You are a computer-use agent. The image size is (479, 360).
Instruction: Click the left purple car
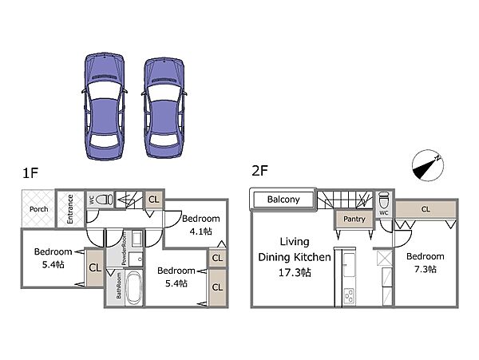tap(105, 106)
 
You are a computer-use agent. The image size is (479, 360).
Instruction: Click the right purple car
tap(164, 108)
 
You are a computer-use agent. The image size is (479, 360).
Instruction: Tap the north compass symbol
tap(427, 165)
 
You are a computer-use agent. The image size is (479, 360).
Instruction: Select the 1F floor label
tap(30, 173)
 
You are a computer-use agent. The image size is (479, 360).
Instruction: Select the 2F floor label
tap(259, 170)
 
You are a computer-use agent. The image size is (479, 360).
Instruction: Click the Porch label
tap(39, 209)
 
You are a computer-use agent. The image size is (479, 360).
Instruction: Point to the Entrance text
tap(70, 209)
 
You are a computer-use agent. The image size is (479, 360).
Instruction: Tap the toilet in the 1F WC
tap(104, 200)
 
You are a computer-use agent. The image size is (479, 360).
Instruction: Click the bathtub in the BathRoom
tap(133, 287)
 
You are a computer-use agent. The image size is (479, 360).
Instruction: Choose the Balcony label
tap(283, 200)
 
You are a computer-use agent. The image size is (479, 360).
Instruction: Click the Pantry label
tap(354, 219)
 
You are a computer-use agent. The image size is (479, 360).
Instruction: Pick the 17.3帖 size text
tap(295, 272)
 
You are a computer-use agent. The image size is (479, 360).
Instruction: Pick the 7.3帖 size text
tap(426, 269)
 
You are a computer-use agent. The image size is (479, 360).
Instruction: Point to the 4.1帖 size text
tap(200, 231)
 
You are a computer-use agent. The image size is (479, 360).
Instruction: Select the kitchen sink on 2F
tap(349, 265)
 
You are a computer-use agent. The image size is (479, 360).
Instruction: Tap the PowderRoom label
tap(124, 248)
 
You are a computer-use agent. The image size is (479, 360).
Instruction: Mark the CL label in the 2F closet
tap(426, 209)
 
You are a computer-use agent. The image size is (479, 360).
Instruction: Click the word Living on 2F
tap(295, 242)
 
